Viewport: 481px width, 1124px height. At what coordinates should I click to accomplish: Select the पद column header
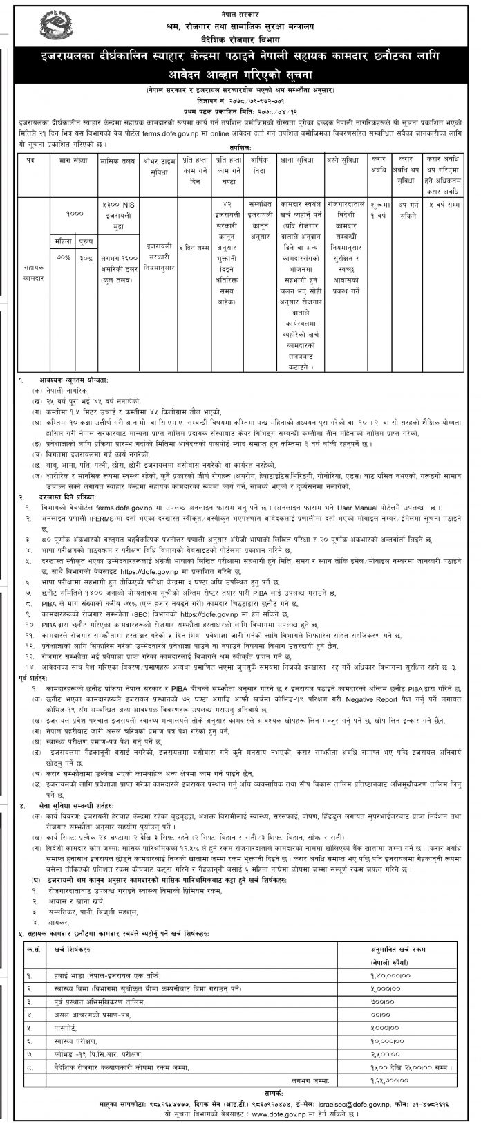tap(30, 160)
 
